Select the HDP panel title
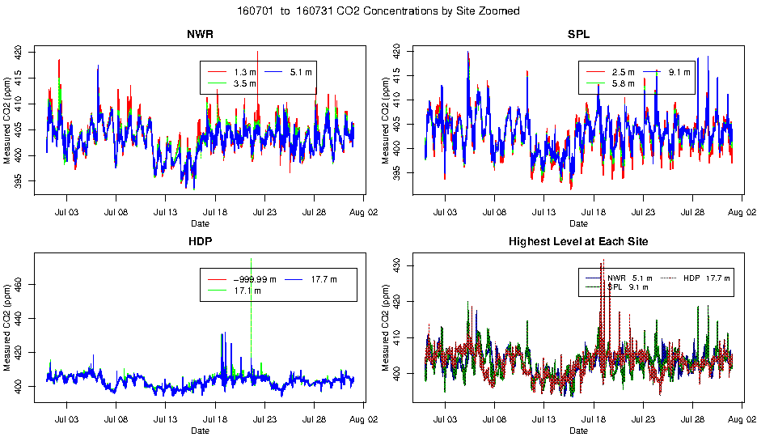pyautogui.click(x=200, y=242)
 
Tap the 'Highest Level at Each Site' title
pyautogui.click(x=578, y=242)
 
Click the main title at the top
pyautogui.click(x=378, y=11)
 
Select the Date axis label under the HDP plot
pyautogui.click(x=200, y=431)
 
